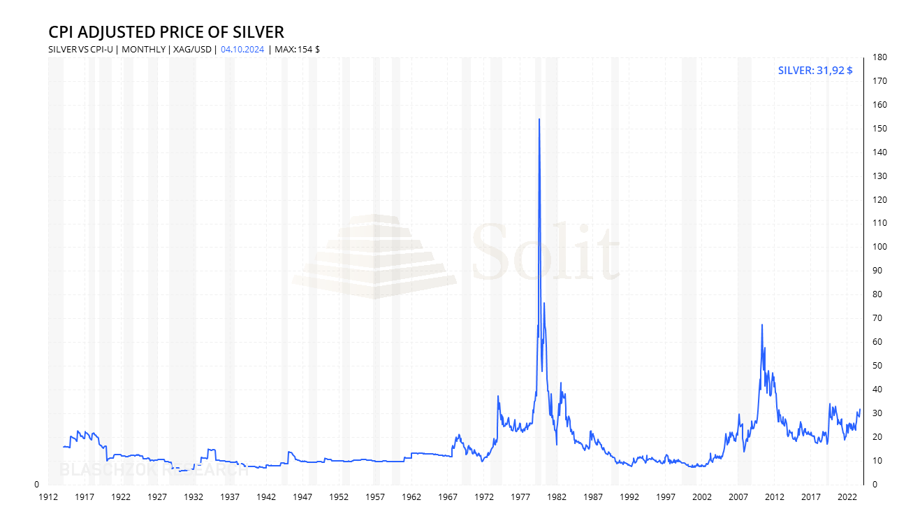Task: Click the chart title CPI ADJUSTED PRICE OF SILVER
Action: pos(166,32)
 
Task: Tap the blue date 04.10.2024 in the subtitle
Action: pos(242,49)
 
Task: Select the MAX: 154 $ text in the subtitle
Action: pos(297,49)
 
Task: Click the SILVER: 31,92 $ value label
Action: pos(815,70)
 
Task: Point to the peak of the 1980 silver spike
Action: pos(539,120)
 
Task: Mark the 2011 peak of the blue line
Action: pos(761,325)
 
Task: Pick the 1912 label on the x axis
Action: pos(48,497)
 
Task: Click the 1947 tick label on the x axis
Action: pos(302,497)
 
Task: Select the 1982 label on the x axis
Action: pos(557,497)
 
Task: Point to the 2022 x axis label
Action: pos(847,497)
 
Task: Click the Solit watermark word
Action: pos(546,252)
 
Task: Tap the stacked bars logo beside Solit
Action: pos(374,257)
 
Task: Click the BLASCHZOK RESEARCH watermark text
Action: pos(154,470)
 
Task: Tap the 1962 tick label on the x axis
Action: pos(411,497)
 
